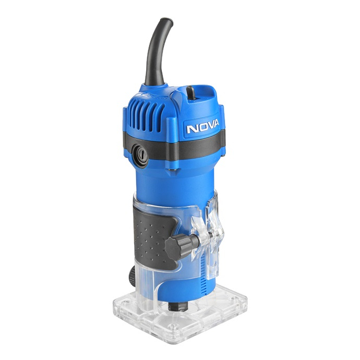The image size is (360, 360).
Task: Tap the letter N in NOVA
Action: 191,128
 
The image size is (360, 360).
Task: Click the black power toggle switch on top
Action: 191,92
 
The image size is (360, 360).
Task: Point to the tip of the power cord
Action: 167,20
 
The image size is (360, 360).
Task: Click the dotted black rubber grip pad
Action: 153,237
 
